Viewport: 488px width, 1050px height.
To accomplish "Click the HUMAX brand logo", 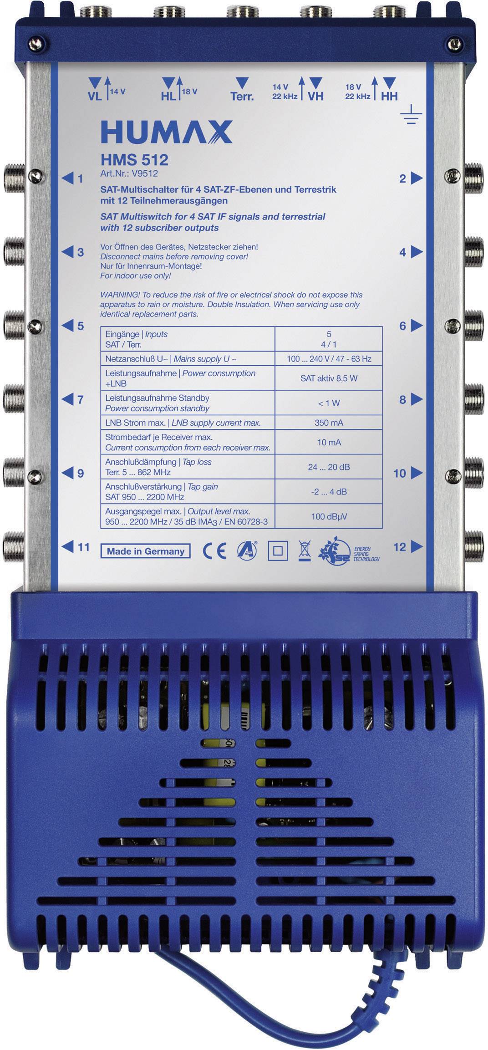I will (166, 133).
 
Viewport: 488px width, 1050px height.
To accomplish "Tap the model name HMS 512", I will (134, 159).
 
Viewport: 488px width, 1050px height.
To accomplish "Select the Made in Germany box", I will (145, 551).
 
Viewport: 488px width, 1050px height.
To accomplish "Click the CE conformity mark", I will (214, 551).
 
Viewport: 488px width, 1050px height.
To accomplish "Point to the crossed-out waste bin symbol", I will (304, 551).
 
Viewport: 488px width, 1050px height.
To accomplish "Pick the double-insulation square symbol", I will (277, 551).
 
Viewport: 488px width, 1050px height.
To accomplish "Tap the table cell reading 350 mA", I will (329, 423).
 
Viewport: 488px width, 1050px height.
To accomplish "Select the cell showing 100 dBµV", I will (329, 516).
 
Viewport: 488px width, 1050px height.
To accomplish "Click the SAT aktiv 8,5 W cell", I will (329, 378).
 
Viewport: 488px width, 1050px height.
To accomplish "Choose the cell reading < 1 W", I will (329, 403).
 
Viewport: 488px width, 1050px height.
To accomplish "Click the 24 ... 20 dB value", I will (329, 467).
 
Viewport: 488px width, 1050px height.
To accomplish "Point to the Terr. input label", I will (242, 96).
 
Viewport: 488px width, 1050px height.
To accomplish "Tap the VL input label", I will (95, 96).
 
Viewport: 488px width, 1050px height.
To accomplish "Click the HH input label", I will (389, 96).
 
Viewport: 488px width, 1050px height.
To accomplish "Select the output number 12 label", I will (399, 547).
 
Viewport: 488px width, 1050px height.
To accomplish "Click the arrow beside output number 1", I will (67, 178).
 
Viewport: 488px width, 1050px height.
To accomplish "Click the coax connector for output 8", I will (474, 399).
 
